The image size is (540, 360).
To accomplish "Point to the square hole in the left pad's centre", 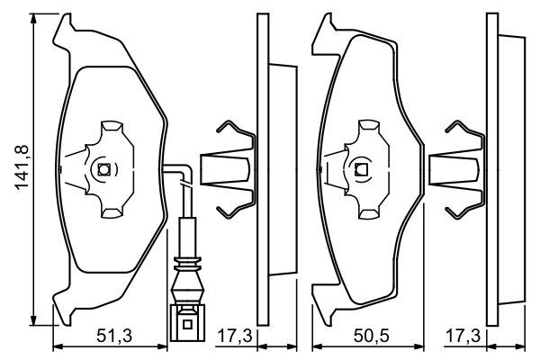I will (x=103, y=168).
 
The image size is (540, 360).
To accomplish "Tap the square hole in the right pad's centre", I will (x=362, y=168).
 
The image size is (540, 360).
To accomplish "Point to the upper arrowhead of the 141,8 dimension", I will (x=33, y=21).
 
